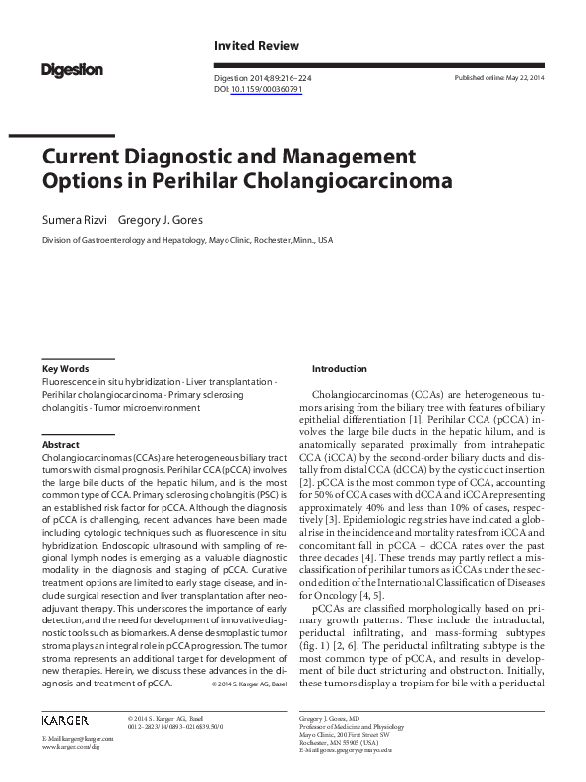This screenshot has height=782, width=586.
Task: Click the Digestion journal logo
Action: (x=72, y=69)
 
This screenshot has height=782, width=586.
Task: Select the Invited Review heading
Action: (x=257, y=46)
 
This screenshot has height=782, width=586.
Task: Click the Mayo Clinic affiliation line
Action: (x=187, y=239)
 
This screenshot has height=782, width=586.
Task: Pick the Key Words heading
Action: (x=65, y=368)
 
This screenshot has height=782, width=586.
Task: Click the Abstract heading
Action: (x=60, y=445)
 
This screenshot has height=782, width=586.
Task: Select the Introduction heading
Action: (x=339, y=368)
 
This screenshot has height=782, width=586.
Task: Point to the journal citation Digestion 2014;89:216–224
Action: (x=261, y=77)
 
